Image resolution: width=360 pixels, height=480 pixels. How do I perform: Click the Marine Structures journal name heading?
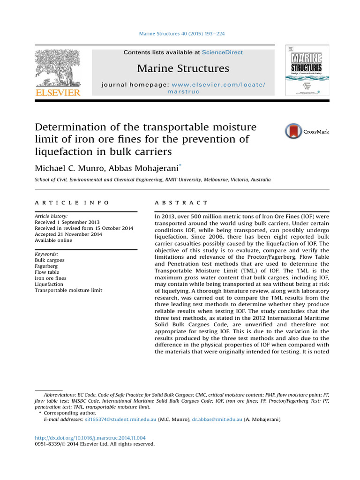pyautogui.click(x=183, y=68)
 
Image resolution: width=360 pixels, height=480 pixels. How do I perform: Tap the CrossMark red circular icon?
pyautogui.click(x=293, y=131)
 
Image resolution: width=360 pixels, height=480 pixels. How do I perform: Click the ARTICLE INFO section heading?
pyautogui.click(x=72, y=202)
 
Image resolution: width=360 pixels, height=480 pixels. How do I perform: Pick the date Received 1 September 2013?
pyautogui.click(x=67, y=222)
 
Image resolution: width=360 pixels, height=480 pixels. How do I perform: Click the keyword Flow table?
pyautogui.click(x=47, y=272)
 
